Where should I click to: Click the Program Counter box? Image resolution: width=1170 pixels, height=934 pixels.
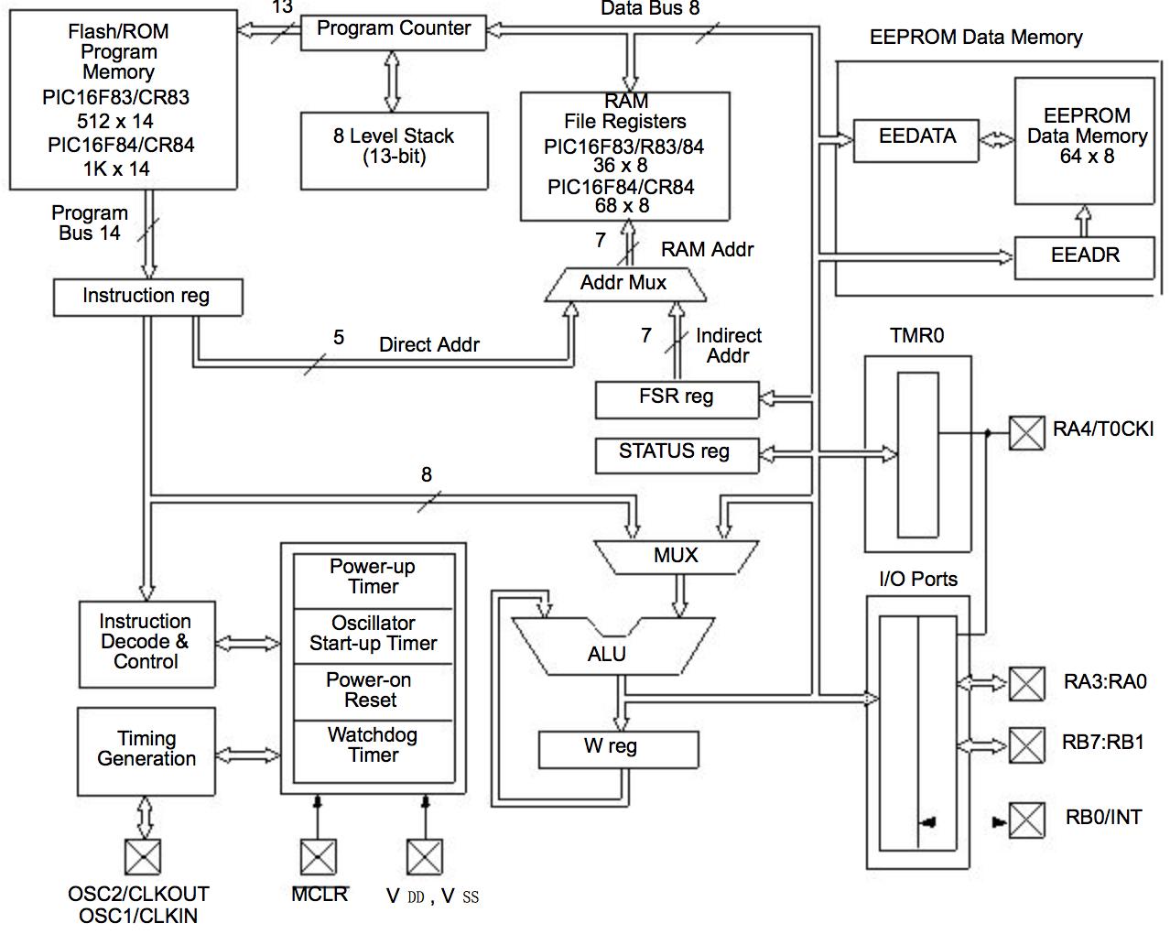point(393,30)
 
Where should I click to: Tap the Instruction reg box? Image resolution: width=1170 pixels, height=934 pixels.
point(147,297)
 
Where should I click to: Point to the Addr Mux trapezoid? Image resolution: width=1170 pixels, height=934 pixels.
point(624,284)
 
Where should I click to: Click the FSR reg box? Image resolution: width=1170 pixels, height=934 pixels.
point(677,398)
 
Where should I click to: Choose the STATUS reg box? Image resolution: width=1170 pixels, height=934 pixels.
point(676,453)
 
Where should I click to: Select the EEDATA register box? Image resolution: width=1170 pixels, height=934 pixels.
point(915,140)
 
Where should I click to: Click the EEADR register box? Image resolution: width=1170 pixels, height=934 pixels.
point(1085,256)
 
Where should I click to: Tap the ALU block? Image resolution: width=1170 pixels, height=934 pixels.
point(607,652)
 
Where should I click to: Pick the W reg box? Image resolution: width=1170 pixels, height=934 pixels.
point(617,749)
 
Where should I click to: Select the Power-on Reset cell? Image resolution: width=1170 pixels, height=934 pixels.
point(373,690)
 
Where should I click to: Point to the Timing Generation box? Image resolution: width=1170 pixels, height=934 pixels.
point(146,750)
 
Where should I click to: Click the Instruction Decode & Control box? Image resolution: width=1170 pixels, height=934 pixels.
point(146,644)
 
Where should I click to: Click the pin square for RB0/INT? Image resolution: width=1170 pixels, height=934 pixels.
point(1026,820)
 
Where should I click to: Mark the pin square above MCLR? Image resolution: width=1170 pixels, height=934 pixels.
point(318,857)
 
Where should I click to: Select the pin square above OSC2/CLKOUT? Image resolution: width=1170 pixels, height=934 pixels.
point(142,856)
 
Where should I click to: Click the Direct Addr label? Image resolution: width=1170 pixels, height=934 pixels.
point(429,345)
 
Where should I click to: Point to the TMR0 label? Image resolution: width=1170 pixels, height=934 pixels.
point(916,336)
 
